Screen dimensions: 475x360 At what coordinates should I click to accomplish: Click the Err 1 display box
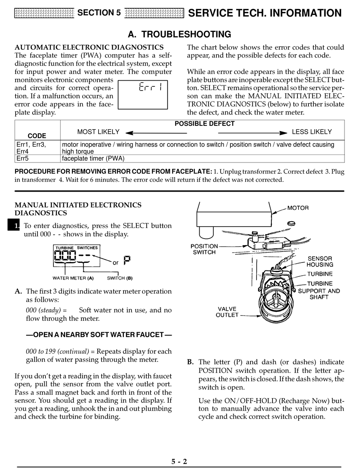click(143, 94)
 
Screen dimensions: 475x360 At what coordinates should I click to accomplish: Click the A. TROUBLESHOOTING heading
click(179, 34)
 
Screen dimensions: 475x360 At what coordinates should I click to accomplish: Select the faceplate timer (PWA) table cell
click(93, 159)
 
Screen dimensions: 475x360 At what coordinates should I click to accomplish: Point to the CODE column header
click(37, 136)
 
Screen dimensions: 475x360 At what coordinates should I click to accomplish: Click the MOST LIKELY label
click(98, 132)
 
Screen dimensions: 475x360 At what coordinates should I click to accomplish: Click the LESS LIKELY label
click(311, 132)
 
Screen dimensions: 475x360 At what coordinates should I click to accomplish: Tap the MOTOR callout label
click(298, 208)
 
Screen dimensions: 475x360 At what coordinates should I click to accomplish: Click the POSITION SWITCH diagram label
click(204, 249)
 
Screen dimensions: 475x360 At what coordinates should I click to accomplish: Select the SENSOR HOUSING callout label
click(320, 262)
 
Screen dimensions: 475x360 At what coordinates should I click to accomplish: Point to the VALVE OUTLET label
click(227, 312)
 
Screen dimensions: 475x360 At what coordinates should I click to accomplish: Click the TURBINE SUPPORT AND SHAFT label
click(319, 291)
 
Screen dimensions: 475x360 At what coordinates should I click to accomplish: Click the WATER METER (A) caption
click(73, 278)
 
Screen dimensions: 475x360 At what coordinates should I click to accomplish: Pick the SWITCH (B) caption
click(120, 278)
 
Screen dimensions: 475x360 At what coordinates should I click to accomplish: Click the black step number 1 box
click(13, 226)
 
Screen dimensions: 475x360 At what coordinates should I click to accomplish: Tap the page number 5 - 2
click(179, 461)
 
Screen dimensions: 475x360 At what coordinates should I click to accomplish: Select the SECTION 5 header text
click(99, 13)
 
